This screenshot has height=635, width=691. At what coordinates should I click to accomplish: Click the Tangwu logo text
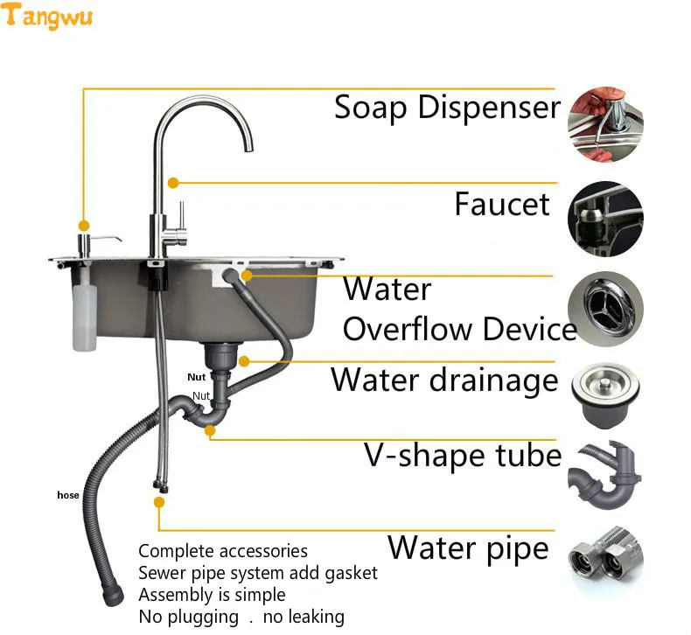click(x=48, y=17)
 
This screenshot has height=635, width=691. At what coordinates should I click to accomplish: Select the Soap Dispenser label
click(x=446, y=108)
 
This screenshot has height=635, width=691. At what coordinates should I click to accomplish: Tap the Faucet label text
click(x=502, y=205)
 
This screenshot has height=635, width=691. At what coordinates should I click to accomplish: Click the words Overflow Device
click(x=458, y=330)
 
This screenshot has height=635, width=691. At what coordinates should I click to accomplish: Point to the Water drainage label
click(x=443, y=380)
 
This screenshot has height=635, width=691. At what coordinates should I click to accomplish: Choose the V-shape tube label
click(x=462, y=456)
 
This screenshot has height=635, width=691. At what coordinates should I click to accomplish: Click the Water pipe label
click(x=468, y=548)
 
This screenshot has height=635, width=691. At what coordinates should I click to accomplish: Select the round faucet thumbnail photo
click(x=605, y=219)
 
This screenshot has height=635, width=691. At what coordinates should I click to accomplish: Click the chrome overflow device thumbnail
click(x=605, y=309)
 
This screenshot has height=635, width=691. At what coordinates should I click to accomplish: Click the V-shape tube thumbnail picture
click(x=605, y=478)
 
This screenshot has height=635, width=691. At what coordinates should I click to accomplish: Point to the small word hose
click(x=67, y=495)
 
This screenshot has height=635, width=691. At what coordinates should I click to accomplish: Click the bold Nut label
click(x=197, y=378)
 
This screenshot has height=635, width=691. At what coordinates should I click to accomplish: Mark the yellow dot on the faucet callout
click(x=173, y=183)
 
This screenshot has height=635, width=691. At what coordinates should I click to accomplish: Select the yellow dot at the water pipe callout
click(x=158, y=502)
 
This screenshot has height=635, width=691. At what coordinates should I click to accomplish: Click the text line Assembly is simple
click(x=212, y=595)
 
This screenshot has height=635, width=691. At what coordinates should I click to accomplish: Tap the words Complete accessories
click(x=223, y=551)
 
